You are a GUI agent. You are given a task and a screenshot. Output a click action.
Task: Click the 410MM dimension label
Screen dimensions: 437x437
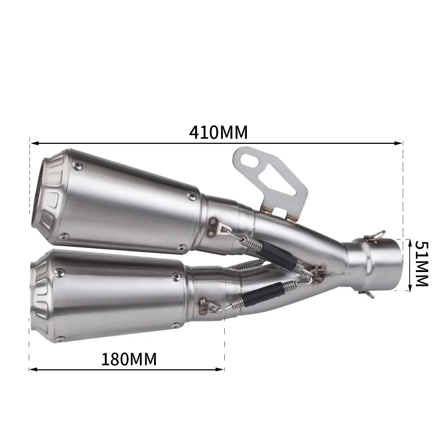218,133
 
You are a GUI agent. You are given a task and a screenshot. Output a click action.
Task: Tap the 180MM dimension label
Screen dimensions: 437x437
129,359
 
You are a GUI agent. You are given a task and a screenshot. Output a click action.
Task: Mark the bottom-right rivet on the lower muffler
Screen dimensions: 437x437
177,325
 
